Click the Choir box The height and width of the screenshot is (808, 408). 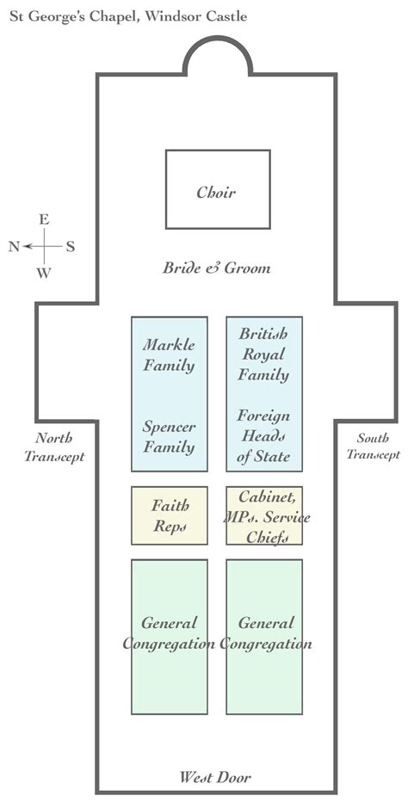217,189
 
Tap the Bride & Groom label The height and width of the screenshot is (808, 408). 216,268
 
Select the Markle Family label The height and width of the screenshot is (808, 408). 169,355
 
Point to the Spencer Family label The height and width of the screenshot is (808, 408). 169,437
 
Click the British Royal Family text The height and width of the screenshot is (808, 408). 263,354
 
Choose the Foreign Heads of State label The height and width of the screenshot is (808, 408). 263,436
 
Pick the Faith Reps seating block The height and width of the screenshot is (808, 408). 170,515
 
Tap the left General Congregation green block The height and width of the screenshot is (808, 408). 170,637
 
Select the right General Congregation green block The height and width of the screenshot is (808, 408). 264,637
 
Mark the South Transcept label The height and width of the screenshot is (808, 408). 373,447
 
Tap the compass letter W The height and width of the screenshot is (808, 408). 43,274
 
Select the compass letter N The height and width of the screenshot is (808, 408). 14,247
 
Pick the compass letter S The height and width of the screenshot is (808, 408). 71,247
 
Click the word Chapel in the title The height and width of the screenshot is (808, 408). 107,15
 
